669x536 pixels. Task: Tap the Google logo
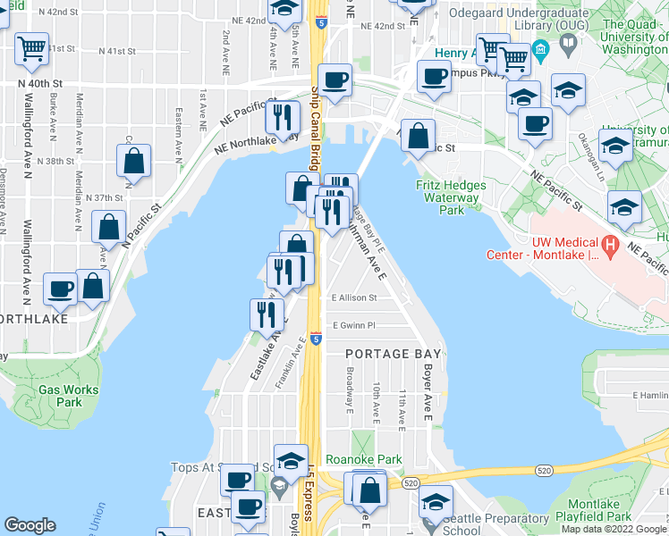tap(30, 525)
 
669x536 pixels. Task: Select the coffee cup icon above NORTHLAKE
tap(60, 288)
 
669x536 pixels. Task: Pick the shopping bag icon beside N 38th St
tap(133, 161)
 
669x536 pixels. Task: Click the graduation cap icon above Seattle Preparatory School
tap(436, 503)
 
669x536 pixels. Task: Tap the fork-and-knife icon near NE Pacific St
tap(284, 116)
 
